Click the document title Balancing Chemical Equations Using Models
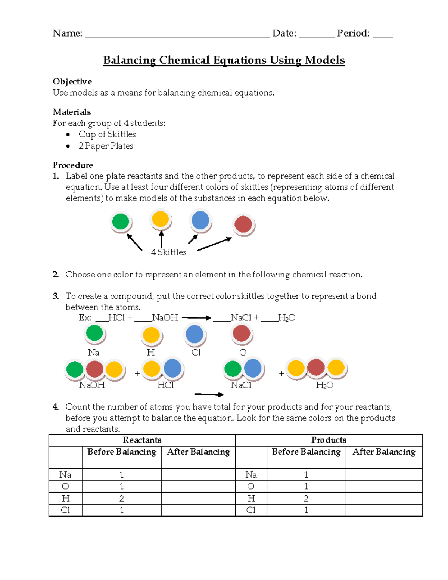(224, 60)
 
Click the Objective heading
(72, 81)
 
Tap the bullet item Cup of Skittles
(107, 134)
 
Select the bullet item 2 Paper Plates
(106, 146)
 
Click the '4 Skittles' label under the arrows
(168, 252)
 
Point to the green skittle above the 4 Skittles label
(121, 221)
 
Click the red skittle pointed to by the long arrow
(243, 224)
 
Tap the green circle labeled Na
(94, 333)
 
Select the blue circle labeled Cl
(195, 334)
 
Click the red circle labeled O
(242, 333)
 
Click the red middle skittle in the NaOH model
(94, 369)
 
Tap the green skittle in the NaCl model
(233, 369)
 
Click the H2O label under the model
(324, 385)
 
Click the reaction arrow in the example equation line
(196, 318)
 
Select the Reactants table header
(142, 440)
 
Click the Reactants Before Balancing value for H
(122, 498)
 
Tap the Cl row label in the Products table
(251, 510)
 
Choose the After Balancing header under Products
(384, 452)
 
